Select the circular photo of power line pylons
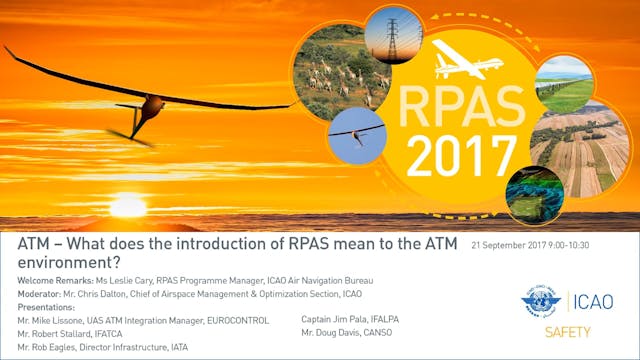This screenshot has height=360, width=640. (393, 33)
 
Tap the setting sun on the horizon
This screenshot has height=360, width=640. (127, 207)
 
